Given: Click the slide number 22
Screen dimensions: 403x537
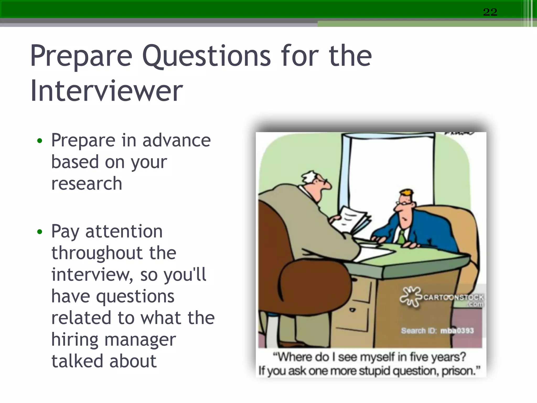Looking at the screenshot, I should tap(490, 12).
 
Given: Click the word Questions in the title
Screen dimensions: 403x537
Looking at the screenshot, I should tap(206, 56).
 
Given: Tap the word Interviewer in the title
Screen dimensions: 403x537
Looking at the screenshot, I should tap(106, 91).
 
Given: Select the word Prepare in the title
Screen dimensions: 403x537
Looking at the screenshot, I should tap(81, 56).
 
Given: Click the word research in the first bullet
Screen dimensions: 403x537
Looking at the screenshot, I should tap(87, 183).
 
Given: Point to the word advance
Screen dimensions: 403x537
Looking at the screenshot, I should tap(176, 140).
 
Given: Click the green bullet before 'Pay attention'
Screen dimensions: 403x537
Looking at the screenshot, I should tap(40, 232).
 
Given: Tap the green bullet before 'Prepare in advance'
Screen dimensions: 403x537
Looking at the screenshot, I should tap(40, 141).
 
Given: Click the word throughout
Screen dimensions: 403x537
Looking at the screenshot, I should tap(97, 253).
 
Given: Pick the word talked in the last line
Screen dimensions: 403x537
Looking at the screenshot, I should tap(77, 361).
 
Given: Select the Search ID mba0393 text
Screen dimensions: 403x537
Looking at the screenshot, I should tap(437, 331).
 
